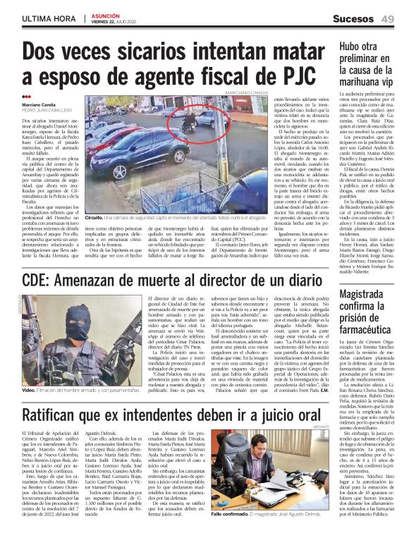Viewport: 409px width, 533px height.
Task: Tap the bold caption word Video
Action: (29, 390)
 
